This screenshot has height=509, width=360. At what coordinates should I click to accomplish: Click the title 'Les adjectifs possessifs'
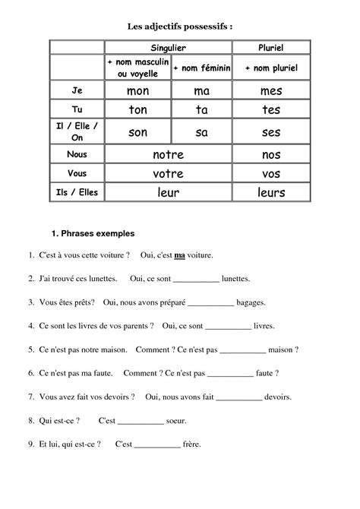(x=179, y=27)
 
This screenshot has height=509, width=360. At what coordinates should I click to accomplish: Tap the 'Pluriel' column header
(x=270, y=48)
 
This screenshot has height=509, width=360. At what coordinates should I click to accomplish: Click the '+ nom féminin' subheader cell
(x=201, y=68)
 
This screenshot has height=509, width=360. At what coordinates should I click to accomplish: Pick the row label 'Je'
(x=76, y=91)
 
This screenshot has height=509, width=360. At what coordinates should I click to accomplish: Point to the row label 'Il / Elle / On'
(x=76, y=132)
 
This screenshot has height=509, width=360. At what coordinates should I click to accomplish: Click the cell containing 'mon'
(x=137, y=91)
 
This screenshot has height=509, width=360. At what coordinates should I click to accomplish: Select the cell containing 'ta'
(x=201, y=110)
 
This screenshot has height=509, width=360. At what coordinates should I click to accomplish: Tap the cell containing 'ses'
(x=270, y=133)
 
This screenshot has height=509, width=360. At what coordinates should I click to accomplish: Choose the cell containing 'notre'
(x=168, y=155)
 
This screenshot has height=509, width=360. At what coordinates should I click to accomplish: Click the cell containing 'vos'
(x=270, y=174)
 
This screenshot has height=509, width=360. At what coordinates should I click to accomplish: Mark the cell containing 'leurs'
(x=270, y=193)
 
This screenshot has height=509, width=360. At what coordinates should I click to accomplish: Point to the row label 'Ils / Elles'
(x=76, y=193)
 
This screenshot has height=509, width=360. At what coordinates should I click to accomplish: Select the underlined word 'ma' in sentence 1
(x=180, y=255)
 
